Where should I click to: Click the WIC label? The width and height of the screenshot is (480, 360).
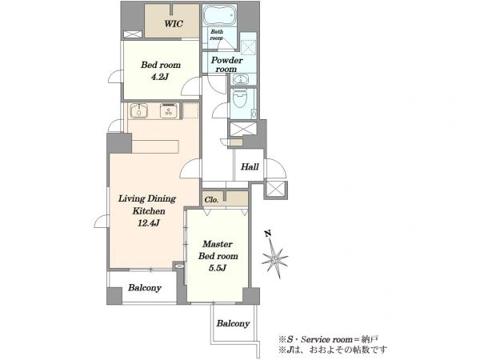tap(174, 23)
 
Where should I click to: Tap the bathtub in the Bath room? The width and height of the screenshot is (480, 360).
tap(219, 15)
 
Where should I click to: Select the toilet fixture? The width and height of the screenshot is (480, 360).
tap(240, 98)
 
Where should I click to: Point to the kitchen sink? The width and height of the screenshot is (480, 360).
tap(139, 111)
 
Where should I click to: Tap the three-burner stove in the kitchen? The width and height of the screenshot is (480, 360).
tap(168, 111)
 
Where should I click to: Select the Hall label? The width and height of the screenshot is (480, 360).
tap(250, 167)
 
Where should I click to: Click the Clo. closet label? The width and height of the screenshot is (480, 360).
tap(211, 200)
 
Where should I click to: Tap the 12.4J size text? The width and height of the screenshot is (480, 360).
tap(148, 223)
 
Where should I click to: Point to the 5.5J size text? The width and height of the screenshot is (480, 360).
tap(218, 268)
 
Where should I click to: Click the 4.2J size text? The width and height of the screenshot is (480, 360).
tap(159, 77)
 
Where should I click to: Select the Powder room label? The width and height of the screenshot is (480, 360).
tap(226, 64)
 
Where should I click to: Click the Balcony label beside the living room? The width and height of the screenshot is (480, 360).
tap(145, 288)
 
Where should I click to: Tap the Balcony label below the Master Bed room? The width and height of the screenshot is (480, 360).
tap(233, 323)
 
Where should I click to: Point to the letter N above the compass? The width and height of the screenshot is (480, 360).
tap(269, 234)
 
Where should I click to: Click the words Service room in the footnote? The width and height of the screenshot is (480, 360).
tap(326, 339)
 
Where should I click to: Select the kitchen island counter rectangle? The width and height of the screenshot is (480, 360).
tap(155, 146)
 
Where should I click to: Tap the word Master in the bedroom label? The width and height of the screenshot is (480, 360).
tap(218, 244)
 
